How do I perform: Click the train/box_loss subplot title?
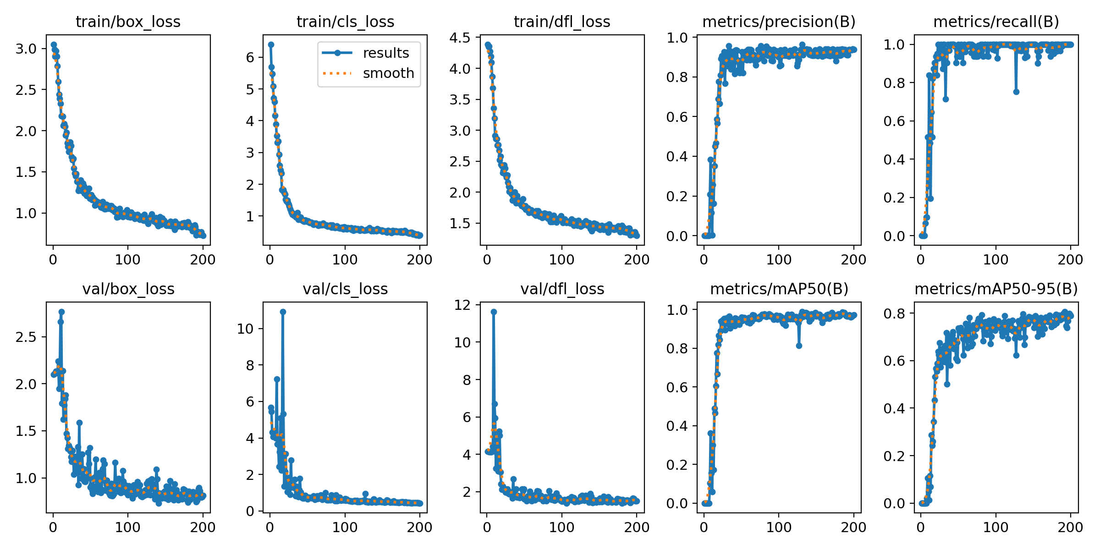(x=128, y=22)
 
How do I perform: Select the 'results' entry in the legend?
(x=385, y=53)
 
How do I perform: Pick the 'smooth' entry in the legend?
(x=388, y=73)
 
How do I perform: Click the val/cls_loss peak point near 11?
(x=283, y=312)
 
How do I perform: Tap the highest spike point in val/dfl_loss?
(x=494, y=312)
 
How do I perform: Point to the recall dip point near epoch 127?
(x=1016, y=92)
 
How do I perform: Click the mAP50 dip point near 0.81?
(x=799, y=346)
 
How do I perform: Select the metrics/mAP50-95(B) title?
(x=996, y=289)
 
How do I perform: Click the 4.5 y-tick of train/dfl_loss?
(x=460, y=38)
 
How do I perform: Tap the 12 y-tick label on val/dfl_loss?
(x=462, y=305)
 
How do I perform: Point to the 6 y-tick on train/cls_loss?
(x=250, y=58)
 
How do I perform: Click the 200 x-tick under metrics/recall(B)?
(x=1070, y=260)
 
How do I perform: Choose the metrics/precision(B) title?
(x=779, y=22)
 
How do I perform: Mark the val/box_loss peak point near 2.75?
(x=61, y=312)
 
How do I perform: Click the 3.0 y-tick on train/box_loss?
(x=26, y=49)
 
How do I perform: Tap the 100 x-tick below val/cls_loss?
(x=345, y=528)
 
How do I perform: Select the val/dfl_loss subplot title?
(x=562, y=289)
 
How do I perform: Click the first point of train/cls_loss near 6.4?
(x=271, y=44)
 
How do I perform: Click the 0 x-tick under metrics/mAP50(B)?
(x=704, y=528)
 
